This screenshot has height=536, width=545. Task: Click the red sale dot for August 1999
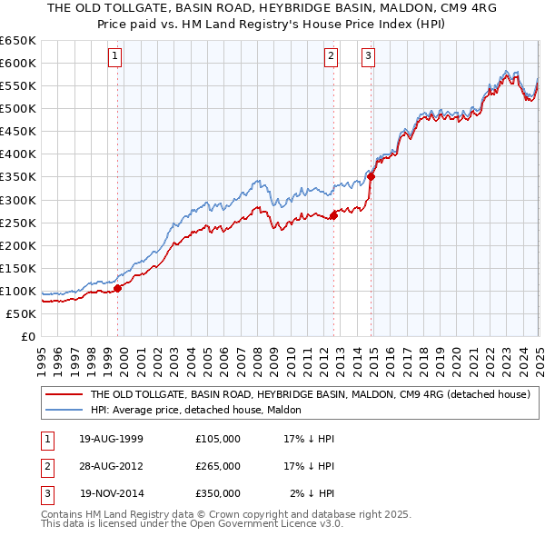pos(118,288)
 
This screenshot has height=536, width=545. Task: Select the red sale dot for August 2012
pos(333,215)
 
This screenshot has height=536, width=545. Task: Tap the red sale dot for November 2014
pos(372,176)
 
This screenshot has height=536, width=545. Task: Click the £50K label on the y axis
pos(21,313)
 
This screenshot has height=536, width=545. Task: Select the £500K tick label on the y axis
pos(18,108)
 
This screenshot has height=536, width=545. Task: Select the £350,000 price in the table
pos(217,493)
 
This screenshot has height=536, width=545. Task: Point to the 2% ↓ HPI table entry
pos(310,493)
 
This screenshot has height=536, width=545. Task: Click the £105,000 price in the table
pos(217,439)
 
